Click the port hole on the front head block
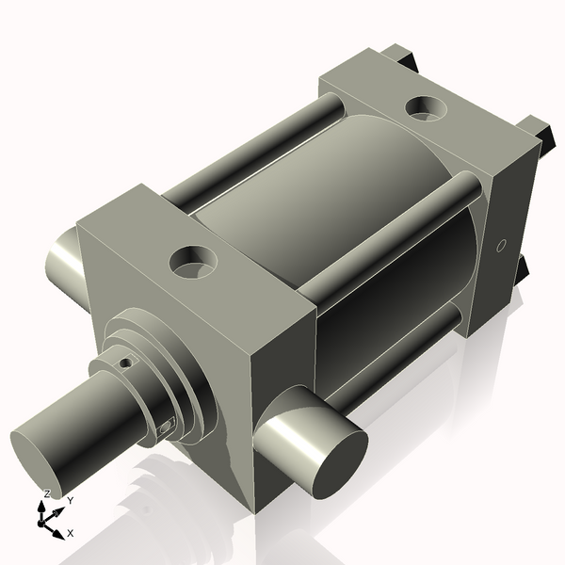coord(194,260)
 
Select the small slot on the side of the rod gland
coord(167,428)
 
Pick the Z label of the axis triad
coord(47,493)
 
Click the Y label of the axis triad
coord(70,501)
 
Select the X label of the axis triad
coord(70,533)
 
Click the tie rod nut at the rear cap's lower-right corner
coord(523,274)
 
